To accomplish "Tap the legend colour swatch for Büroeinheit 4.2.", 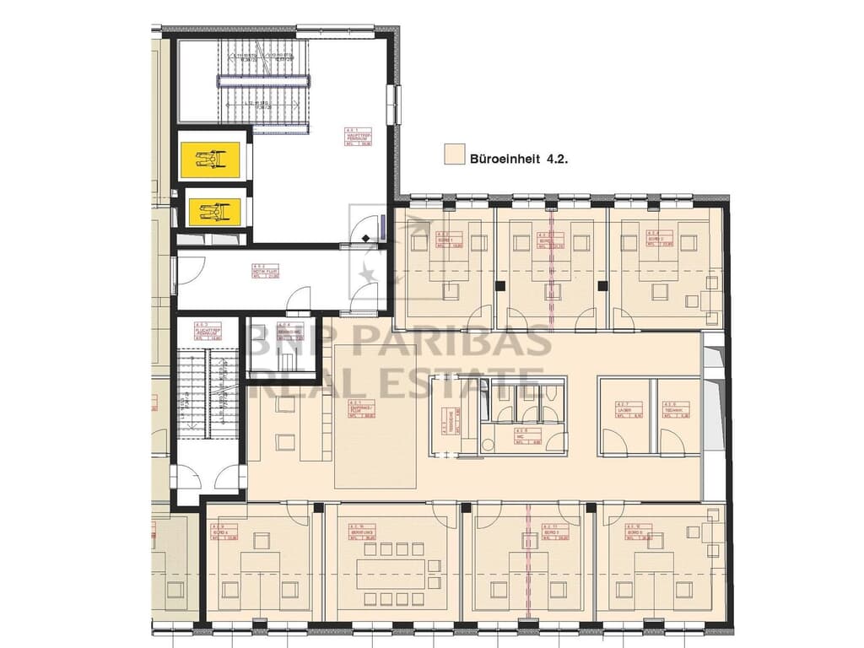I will [x=455, y=154].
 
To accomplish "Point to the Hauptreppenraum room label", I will [x=359, y=138].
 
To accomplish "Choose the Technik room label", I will [x=677, y=410].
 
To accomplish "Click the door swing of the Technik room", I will [x=672, y=442].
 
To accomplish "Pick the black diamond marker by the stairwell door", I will [x=365, y=239].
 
